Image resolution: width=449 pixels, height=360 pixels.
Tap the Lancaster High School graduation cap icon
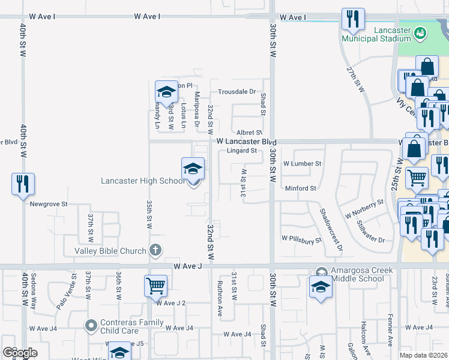[x=193, y=169]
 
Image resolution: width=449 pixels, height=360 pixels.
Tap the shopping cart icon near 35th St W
[x=155, y=286]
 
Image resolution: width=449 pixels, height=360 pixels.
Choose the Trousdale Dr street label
[x=237, y=92]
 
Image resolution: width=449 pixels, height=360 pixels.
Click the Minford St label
[x=300, y=188]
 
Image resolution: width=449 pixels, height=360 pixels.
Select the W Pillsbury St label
[x=302, y=240]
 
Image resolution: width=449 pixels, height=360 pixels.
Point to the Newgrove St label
[x=49, y=204]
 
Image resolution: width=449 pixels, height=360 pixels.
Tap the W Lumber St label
[x=303, y=163]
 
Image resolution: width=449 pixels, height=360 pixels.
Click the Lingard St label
[x=242, y=151]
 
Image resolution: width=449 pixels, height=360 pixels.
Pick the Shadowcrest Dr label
[x=331, y=230]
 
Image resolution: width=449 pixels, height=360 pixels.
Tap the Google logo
[x=20, y=353]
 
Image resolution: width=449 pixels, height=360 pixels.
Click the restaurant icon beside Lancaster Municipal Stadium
[x=352, y=19]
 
